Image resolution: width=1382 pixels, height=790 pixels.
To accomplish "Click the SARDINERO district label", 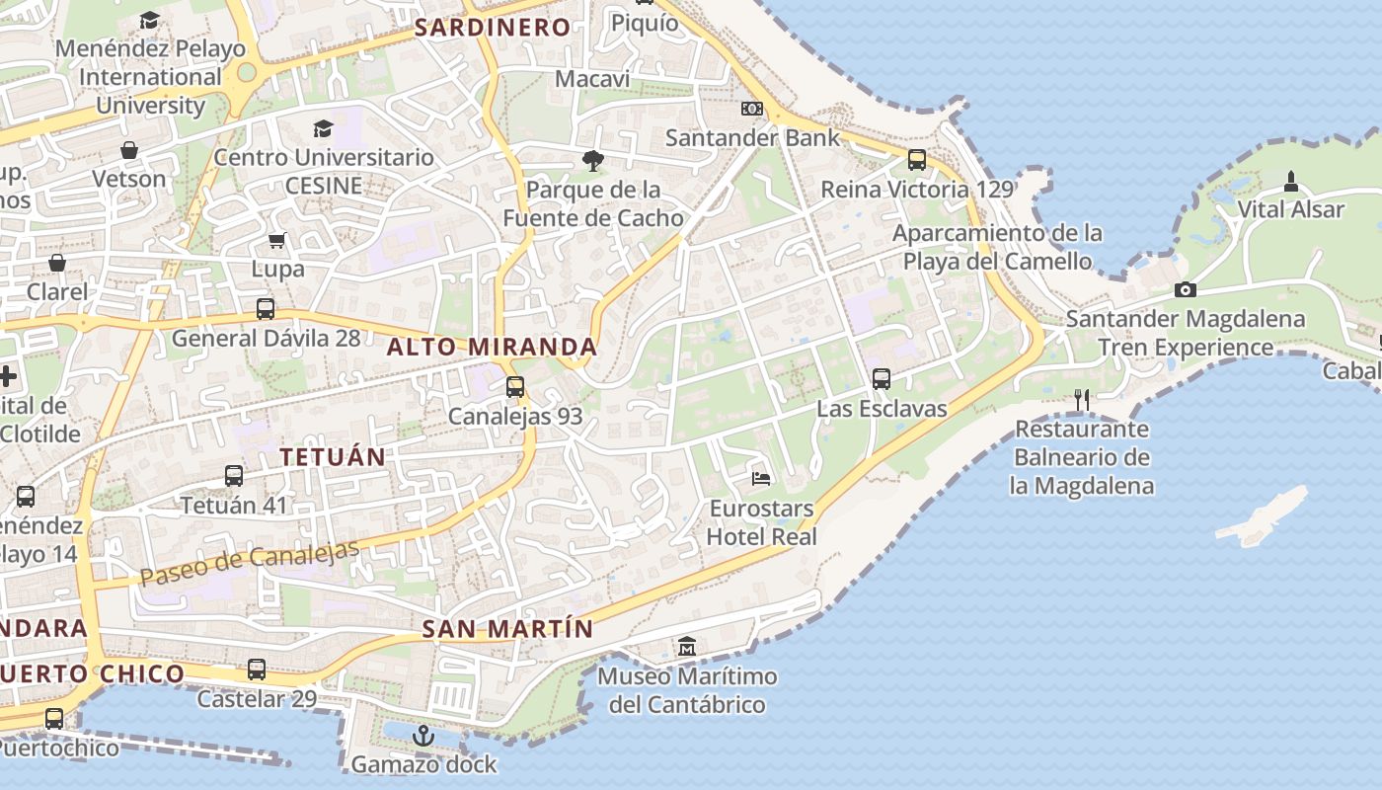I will click(x=493, y=28).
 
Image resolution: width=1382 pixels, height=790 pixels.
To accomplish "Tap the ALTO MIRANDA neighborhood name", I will click(x=492, y=347).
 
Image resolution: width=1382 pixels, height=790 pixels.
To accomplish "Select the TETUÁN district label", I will click(x=333, y=456).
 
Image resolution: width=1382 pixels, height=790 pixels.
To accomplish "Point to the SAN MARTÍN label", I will click(x=508, y=629).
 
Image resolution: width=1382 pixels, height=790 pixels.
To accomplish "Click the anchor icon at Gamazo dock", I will click(x=423, y=736).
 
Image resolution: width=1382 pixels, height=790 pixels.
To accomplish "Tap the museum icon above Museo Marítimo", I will click(x=687, y=647).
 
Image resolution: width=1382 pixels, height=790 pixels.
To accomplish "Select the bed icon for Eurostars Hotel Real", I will click(x=761, y=479).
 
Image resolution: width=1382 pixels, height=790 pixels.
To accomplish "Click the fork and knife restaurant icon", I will click(x=1082, y=399).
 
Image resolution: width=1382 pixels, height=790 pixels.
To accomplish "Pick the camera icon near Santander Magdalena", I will click(x=1186, y=289).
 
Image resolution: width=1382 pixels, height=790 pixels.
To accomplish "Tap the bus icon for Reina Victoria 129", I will click(x=917, y=159).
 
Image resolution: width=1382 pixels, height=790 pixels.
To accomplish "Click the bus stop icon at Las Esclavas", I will click(x=882, y=378).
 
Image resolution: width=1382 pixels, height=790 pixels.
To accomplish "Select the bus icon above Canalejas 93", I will click(x=515, y=387).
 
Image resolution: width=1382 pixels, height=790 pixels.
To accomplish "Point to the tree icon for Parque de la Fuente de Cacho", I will click(x=592, y=160).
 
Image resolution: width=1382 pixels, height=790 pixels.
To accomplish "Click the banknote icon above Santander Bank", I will click(x=752, y=109).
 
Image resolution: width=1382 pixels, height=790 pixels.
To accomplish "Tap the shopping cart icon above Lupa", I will click(x=277, y=240).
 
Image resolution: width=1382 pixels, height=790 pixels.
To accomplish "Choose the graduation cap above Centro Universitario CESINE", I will click(x=323, y=128).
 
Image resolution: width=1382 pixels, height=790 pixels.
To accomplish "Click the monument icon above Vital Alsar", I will click(x=1290, y=182).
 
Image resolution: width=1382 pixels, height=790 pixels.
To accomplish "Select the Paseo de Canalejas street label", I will click(x=249, y=564).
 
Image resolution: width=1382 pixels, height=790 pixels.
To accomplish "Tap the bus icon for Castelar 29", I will click(x=257, y=670).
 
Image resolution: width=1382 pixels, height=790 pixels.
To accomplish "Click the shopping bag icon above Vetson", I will click(x=129, y=150).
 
